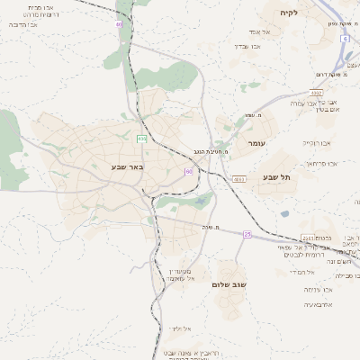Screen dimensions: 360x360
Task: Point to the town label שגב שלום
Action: point(229,284)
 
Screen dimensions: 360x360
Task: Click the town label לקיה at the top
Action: point(288,12)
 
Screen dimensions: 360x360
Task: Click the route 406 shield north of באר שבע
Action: point(141,138)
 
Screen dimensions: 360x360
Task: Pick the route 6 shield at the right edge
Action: point(346,39)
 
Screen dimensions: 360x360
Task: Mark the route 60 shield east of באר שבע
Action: point(189,171)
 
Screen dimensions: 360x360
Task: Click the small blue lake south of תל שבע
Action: point(284,214)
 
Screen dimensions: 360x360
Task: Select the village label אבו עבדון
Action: point(247,45)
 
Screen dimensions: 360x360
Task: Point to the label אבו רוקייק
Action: point(317,142)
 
